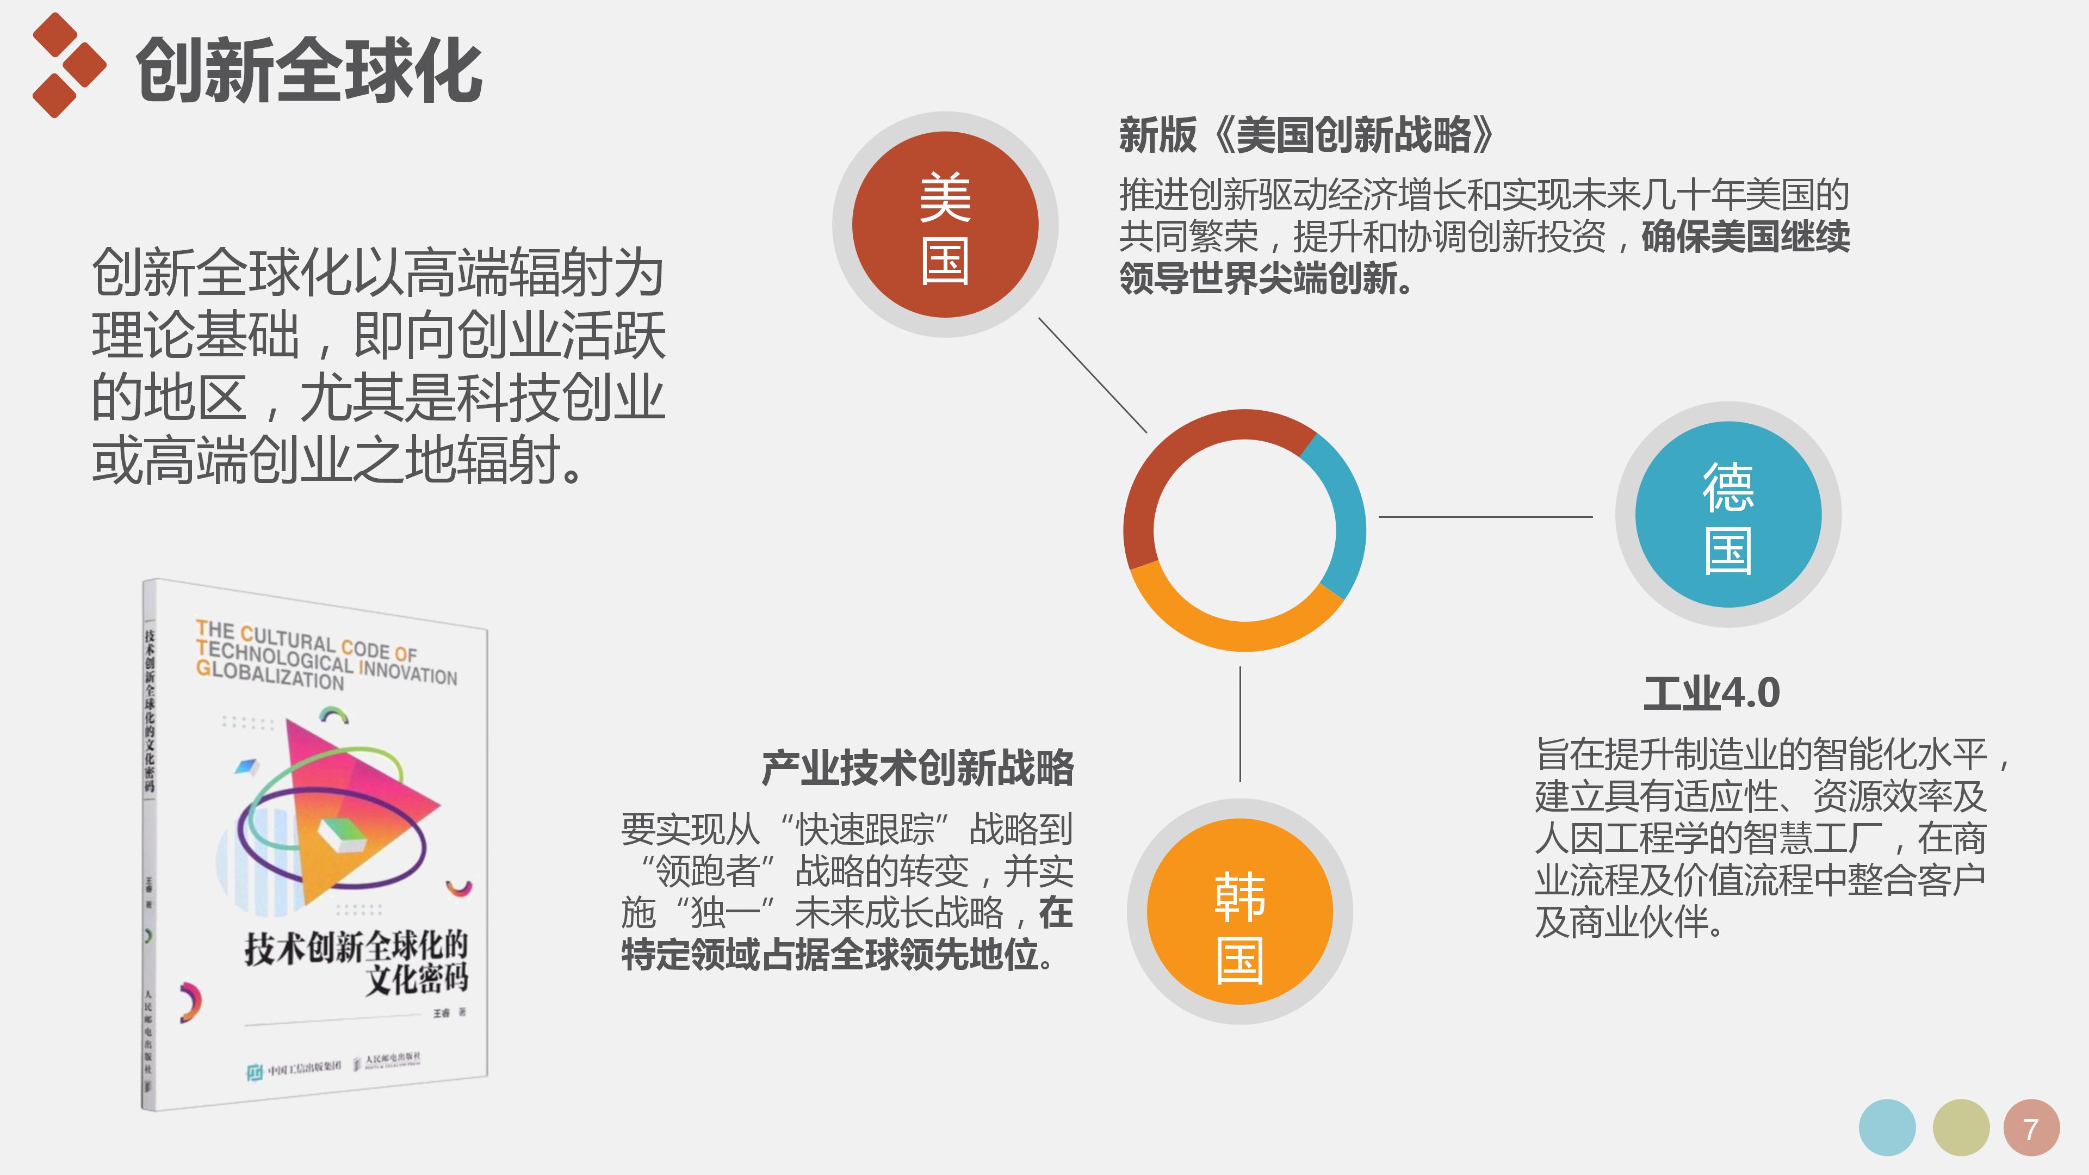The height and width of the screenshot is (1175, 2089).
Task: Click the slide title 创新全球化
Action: [x=309, y=71]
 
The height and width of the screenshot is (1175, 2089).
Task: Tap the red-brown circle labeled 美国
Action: [x=945, y=225]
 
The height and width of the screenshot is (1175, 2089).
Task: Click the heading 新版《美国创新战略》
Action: [x=1306, y=134]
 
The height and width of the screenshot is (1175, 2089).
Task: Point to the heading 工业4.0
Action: [x=1711, y=694]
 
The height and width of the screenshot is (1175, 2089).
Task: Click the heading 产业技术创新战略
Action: [x=917, y=768]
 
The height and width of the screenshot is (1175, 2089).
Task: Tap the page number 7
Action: [x=2031, y=1129]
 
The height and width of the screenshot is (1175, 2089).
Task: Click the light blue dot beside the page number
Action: [x=1887, y=1128]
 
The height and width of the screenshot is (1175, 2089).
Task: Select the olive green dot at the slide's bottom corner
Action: [x=1961, y=1128]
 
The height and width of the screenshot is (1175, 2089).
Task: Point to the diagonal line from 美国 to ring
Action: [x=1092, y=375]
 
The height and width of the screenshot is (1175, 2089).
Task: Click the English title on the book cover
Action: [x=324, y=655]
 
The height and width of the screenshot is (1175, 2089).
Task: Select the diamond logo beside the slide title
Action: [x=68, y=65]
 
